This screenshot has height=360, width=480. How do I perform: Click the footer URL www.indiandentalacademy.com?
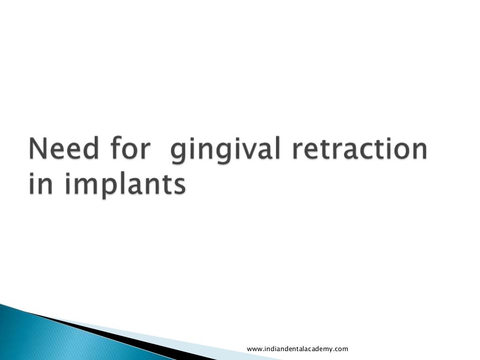[x=297, y=349]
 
